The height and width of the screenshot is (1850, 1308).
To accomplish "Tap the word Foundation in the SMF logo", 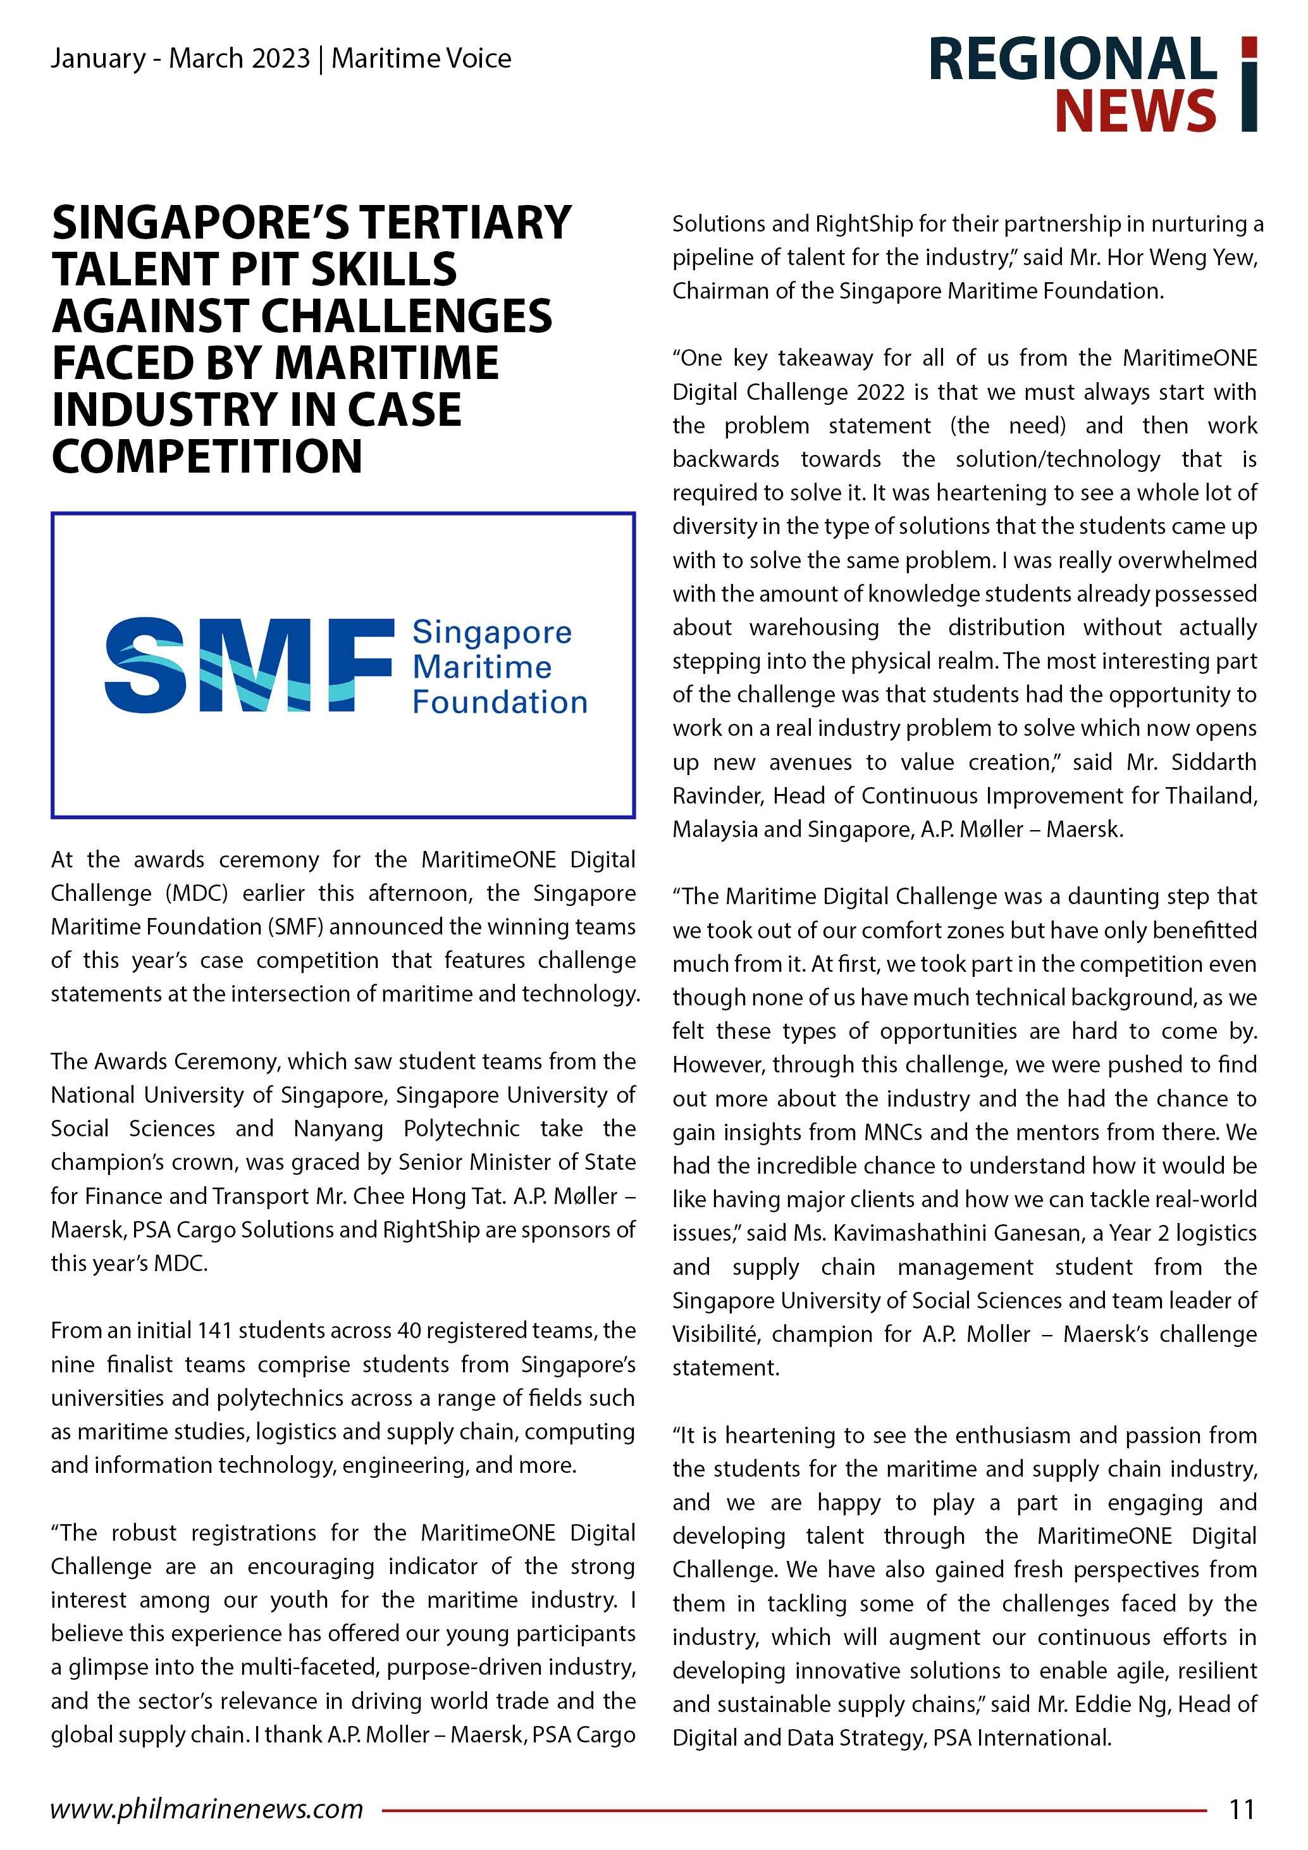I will click(500, 703).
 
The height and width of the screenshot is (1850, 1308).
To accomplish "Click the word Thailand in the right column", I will click(1211, 796).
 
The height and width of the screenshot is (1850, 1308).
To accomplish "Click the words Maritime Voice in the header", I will click(421, 59).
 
